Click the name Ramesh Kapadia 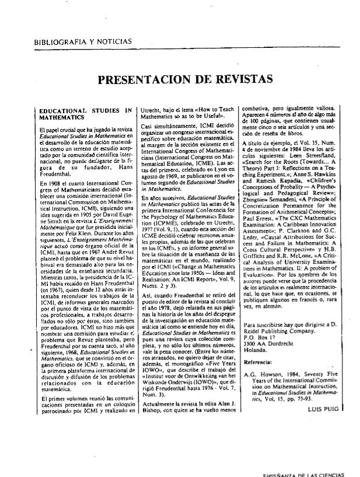292,181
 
